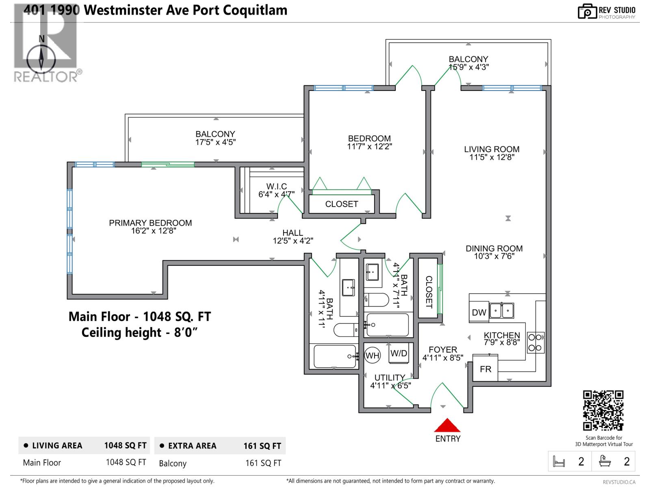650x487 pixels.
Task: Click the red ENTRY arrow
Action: (447, 425)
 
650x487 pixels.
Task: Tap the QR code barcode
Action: (603, 410)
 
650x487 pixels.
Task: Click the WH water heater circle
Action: (372, 356)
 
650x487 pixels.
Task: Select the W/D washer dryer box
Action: (399, 353)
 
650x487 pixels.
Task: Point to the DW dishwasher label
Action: (479, 312)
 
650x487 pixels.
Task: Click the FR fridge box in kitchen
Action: (485, 369)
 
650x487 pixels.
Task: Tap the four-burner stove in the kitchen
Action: (535, 343)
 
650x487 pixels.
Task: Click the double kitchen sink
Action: (502, 311)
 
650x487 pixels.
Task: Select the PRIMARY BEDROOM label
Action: (150, 223)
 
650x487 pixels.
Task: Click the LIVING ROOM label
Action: (492, 149)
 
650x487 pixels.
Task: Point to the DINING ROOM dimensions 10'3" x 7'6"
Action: (494, 256)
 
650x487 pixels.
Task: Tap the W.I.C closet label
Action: (276, 186)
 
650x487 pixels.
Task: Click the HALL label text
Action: (292, 233)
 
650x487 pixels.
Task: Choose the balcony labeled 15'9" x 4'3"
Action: (468, 63)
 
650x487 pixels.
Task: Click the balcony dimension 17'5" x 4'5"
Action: (215, 142)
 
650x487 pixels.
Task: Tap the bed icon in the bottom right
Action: (559, 461)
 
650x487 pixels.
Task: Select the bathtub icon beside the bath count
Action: (605, 461)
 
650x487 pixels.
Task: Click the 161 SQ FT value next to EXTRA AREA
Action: (262, 446)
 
